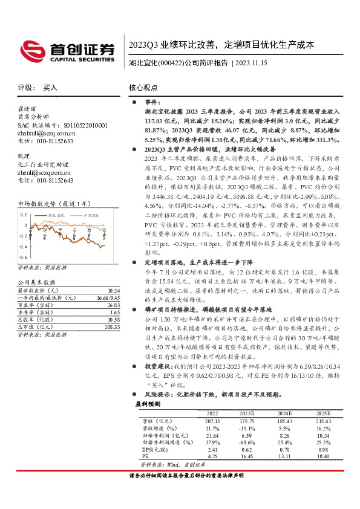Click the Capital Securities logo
[67, 50]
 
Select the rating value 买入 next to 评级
[50, 88]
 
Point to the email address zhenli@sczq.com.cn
[44, 172]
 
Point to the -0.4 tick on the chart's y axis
[22, 247]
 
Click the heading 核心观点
[143, 88]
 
